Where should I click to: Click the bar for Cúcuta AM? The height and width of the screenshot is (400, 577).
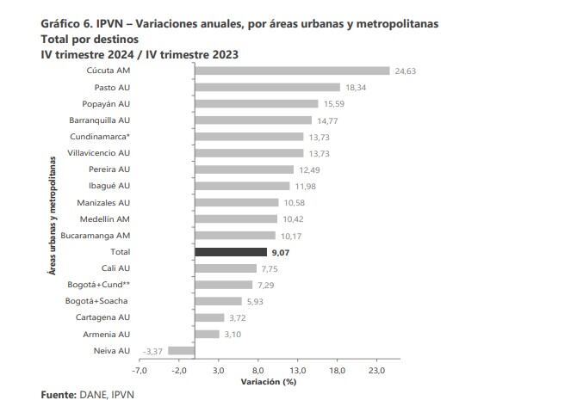point(293,71)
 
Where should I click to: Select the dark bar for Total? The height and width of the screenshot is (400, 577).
point(231,252)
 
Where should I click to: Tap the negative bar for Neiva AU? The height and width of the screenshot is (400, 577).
point(182,351)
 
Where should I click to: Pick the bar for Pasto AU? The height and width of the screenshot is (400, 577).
point(268,87)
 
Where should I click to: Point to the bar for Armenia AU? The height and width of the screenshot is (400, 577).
point(208,334)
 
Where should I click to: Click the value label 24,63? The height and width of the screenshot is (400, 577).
point(406,71)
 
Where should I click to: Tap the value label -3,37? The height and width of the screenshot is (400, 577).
point(153,351)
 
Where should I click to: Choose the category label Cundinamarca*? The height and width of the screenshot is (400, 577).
point(99,137)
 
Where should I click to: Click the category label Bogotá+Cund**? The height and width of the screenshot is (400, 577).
point(99,285)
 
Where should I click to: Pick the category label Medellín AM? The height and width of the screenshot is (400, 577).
point(104,219)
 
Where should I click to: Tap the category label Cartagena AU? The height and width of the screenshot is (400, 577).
point(102,317)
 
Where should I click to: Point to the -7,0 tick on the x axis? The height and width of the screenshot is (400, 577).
point(140,371)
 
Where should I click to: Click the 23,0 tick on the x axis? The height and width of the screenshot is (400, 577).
point(377,371)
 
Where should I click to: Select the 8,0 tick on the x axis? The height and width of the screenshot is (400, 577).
point(258,371)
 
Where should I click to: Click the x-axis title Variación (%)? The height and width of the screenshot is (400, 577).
point(269,382)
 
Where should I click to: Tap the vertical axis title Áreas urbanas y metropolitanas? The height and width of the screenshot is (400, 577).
point(53,215)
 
